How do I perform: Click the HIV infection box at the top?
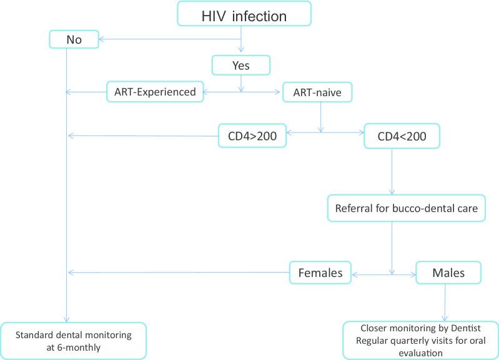point(244,16)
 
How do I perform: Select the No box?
point(74,40)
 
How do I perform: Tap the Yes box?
point(241,64)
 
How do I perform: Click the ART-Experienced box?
point(155,92)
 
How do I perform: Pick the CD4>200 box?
point(252,135)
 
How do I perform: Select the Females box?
point(320,272)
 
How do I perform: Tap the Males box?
point(448,272)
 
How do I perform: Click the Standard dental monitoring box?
point(74,341)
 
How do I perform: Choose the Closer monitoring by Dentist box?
point(420,339)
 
